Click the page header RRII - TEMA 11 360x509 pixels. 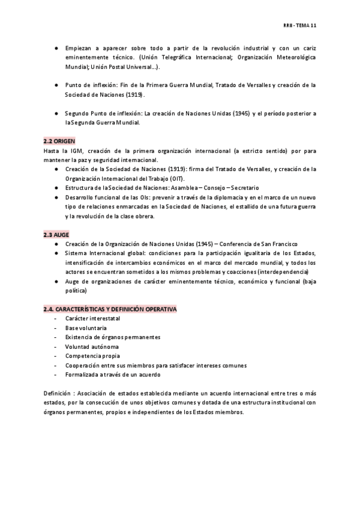pos(300,25)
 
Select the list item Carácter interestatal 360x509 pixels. pos(93,319)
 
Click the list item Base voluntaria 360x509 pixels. pos(86,328)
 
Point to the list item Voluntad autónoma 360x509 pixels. pos(92,347)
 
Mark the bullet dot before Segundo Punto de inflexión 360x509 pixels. pos(56,113)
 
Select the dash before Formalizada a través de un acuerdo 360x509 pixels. pos(56,375)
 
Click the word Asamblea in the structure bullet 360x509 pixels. pos(179,188)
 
